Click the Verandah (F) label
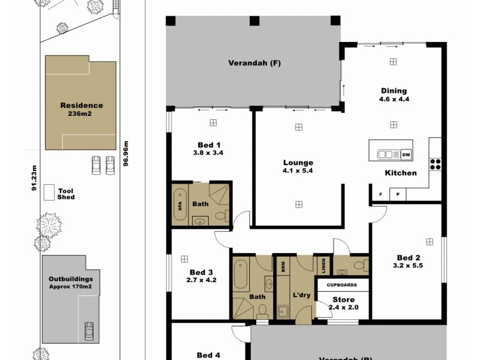(x=254, y=62)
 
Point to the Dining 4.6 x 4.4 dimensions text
(x=394, y=100)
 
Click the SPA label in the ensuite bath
(x=179, y=204)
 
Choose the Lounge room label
(x=298, y=163)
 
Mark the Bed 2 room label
(x=407, y=257)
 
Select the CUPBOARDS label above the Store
(x=342, y=285)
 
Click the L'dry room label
(x=301, y=296)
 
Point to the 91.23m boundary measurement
(x=34, y=179)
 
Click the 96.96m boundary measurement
(x=126, y=154)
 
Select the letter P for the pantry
(x=397, y=195)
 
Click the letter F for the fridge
(x=380, y=195)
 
